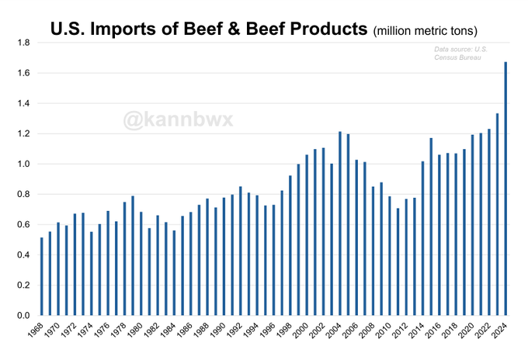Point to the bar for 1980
(141, 264)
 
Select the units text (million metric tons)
(425, 32)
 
